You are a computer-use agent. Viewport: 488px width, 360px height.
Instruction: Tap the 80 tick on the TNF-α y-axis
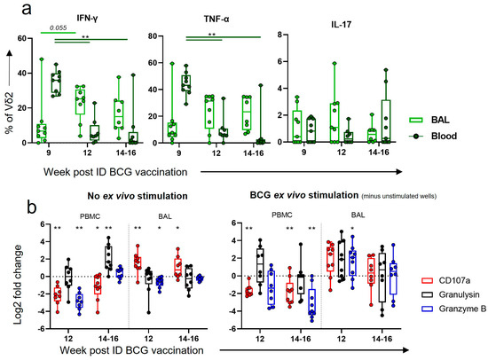[156, 36]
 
